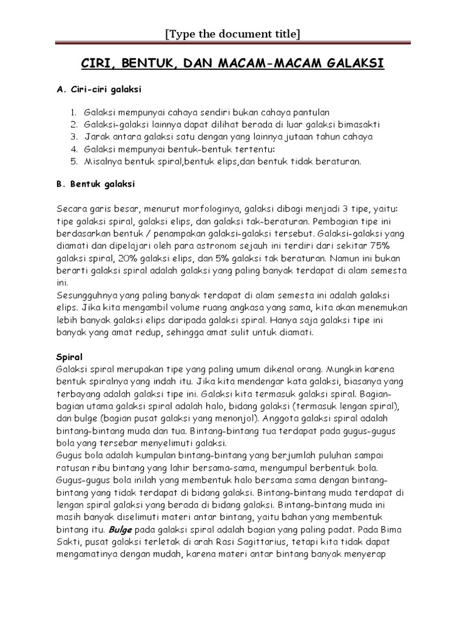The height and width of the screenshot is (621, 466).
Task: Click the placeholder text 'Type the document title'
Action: [x=233, y=34]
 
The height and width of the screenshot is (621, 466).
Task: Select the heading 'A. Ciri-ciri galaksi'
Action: [x=98, y=89]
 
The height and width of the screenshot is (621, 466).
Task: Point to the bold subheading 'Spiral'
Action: [x=69, y=357]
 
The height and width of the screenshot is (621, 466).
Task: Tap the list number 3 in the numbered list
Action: [x=72, y=136]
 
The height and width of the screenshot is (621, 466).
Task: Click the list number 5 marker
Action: [x=72, y=161]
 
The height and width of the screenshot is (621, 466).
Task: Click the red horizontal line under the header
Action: [x=233, y=44]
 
